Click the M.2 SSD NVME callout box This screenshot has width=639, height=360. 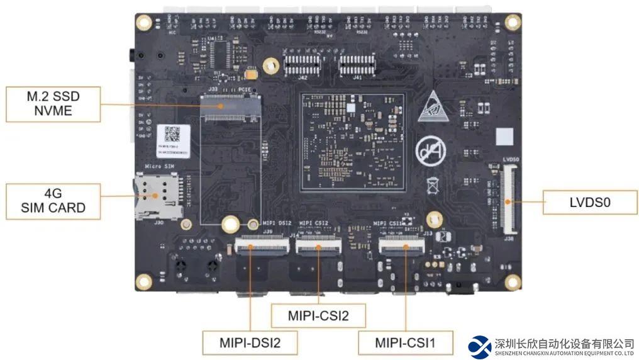pos(53,104)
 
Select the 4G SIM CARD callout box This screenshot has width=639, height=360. pos(53,201)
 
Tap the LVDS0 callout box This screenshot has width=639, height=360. pos(590,203)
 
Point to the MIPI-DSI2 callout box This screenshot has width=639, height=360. pos(250,343)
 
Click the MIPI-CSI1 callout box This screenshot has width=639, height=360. pos(405,343)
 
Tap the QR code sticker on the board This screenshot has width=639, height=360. pos(172,134)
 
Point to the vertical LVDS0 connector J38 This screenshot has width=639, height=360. pos(508,198)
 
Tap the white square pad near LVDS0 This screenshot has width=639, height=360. pos(504,137)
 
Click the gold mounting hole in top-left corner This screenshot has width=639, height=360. pos(144,23)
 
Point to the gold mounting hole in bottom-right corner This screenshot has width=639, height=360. pos(513,282)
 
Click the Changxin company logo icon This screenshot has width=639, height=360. pos(479,346)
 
